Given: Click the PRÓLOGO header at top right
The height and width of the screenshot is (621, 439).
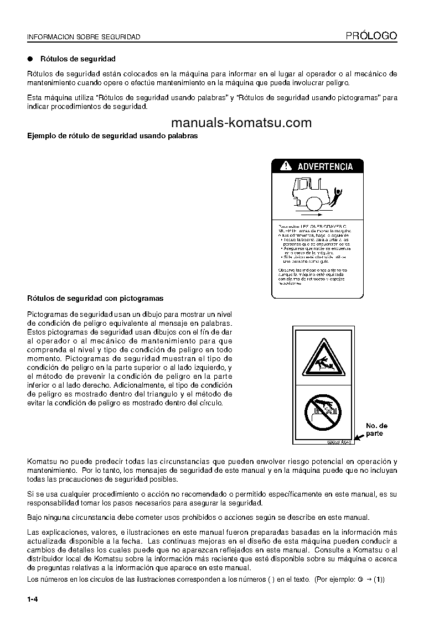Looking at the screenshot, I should (x=371, y=36).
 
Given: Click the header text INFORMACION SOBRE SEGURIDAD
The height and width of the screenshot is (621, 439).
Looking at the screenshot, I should (x=84, y=37).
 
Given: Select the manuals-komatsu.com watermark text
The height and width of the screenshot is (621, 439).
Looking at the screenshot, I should (x=241, y=123).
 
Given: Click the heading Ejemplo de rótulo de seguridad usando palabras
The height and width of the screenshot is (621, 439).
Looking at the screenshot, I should (x=112, y=135).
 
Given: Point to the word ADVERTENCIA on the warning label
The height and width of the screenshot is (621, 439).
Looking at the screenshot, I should (x=325, y=166).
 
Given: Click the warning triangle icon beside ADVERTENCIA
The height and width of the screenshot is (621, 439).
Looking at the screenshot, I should (x=285, y=166).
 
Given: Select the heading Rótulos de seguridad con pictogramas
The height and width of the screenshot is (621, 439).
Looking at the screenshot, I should (x=95, y=299).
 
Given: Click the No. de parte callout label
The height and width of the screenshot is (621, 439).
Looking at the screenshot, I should (x=376, y=430).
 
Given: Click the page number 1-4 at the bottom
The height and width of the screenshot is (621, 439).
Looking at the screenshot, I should (x=32, y=599).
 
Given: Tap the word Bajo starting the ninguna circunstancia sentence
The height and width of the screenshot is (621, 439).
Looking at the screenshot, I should (x=35, y=518).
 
